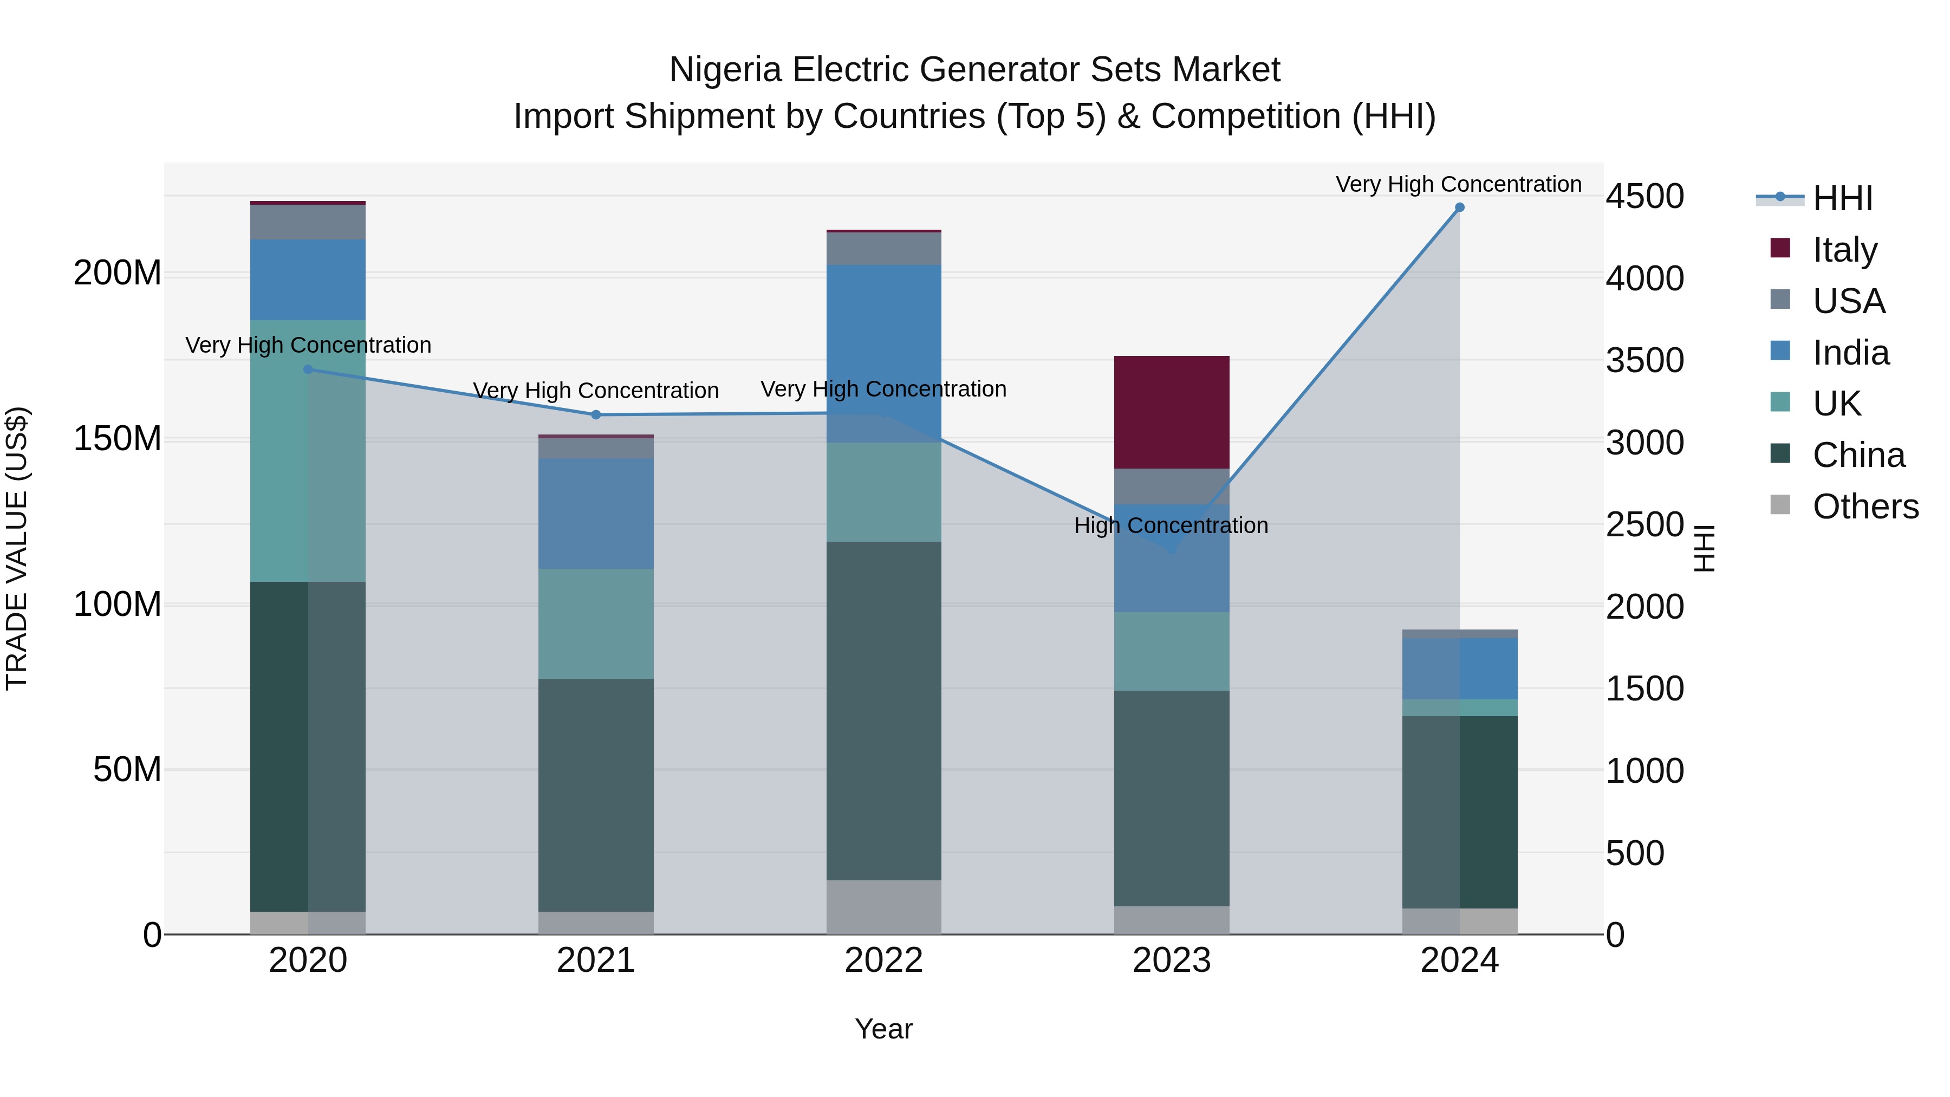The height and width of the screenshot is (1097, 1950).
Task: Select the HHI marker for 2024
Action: [1459, 207]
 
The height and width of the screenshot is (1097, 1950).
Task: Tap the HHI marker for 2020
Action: [308, 369]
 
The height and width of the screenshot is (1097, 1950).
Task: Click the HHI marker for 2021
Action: [596, 415]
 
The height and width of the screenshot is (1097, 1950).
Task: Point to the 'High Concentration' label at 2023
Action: [1171, 525]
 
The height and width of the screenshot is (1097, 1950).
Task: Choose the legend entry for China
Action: [1858, 455]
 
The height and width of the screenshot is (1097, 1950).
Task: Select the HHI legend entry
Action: [1842, 198]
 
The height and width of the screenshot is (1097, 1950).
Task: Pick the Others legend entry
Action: [1864, 506]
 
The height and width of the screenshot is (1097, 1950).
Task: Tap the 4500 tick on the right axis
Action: [1645, 196]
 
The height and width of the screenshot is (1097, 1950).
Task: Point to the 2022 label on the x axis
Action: [883, 960]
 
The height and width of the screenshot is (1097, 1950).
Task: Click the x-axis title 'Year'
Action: [883, 1029]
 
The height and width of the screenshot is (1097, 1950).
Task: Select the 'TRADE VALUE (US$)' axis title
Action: [17, 548]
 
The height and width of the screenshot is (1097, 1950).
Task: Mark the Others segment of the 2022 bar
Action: [883, 906]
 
